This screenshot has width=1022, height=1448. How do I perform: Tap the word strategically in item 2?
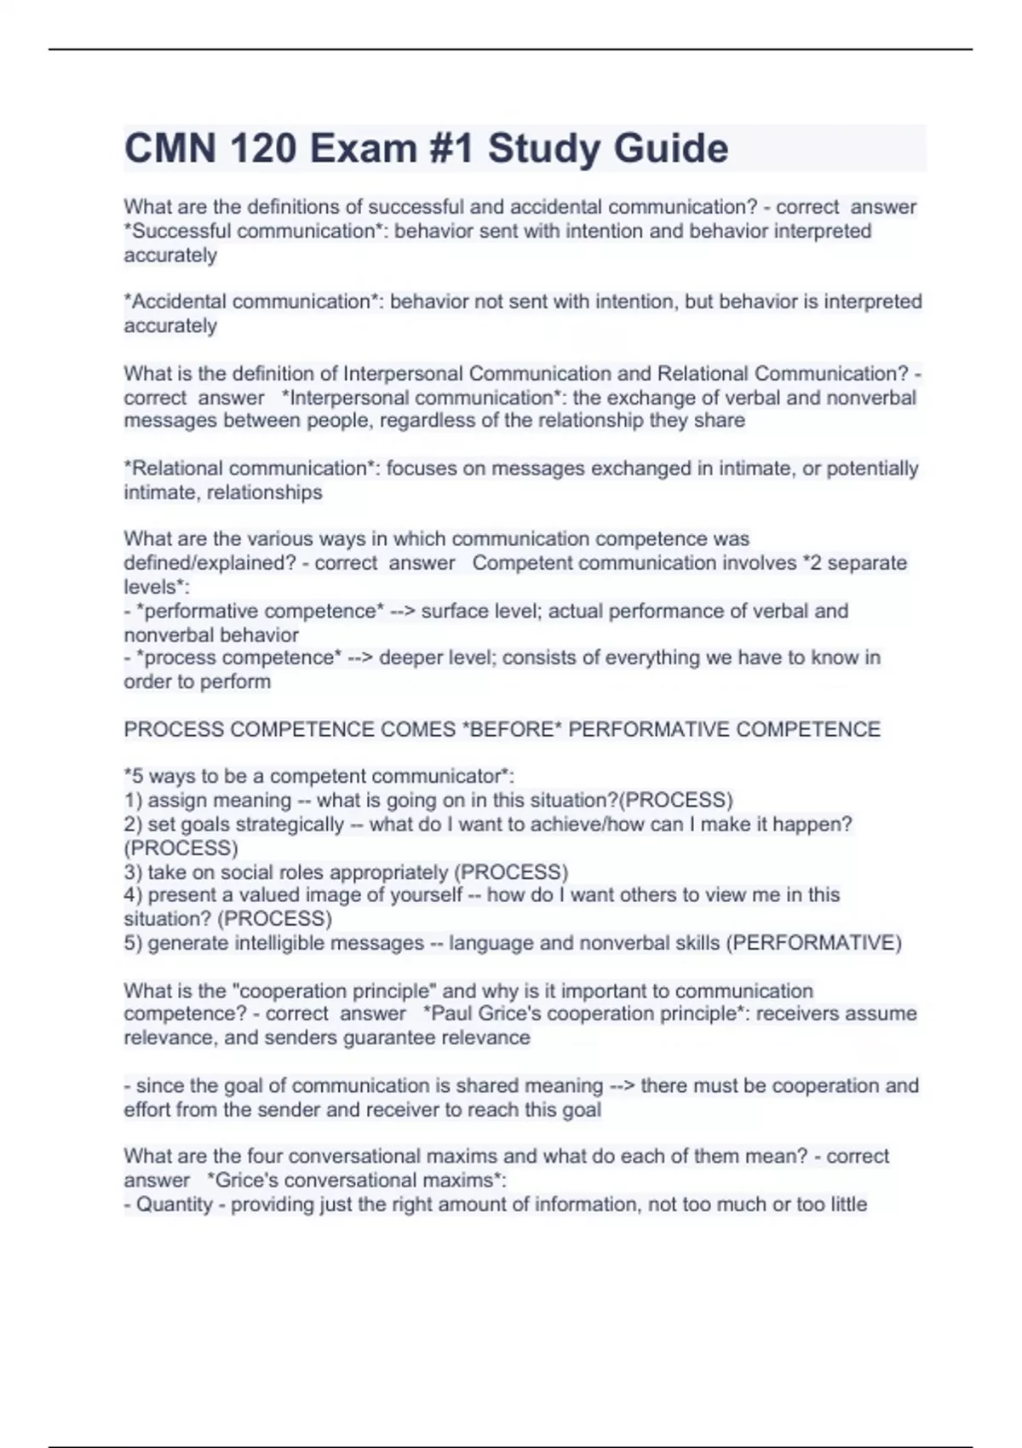290,825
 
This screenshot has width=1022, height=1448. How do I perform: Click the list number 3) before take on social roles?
133,872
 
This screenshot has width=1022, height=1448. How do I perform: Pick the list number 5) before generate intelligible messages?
133,943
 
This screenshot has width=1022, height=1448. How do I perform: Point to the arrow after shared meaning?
623,1086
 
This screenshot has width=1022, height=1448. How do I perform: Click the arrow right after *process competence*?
358,658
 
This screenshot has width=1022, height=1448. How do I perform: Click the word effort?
148,1110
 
